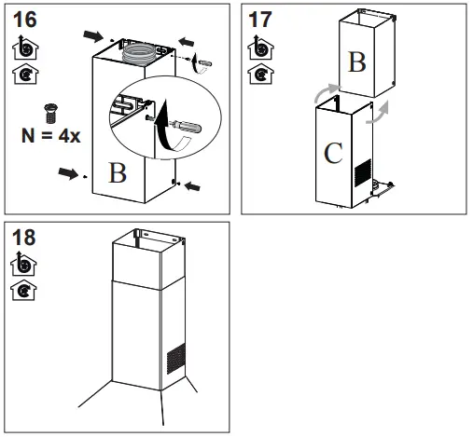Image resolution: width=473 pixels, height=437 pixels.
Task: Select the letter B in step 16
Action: [x=117, y=173]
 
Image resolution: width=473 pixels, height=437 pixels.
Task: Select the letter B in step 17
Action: [x=357, y=62]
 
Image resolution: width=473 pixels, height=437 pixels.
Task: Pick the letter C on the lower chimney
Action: [x=334, y=153]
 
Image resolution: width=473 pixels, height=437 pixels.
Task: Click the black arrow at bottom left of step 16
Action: [x=69, y=172]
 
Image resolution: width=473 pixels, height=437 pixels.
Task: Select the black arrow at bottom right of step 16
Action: [x=191, y=187]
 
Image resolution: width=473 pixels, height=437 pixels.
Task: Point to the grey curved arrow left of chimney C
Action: [x=320, y=92]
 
